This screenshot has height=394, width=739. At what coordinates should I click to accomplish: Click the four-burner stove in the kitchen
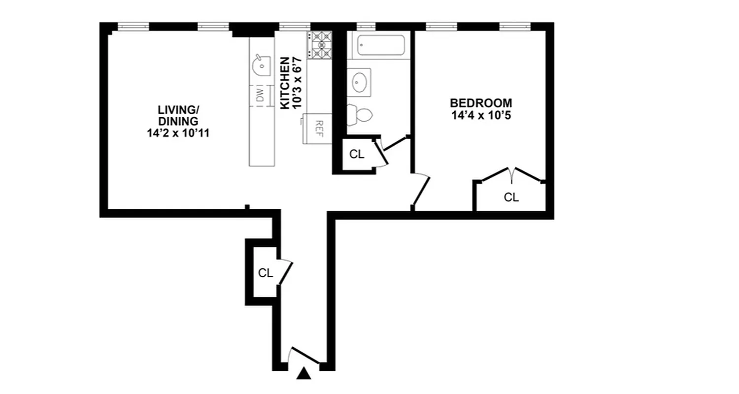click(x=320, y=45)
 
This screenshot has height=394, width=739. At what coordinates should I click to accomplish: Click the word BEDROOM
click(x=481, y=103)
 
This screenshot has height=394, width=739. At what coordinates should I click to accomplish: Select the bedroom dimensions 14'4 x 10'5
click(x=481, y=116)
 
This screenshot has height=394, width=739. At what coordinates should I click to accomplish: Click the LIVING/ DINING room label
click(x=178, y=115)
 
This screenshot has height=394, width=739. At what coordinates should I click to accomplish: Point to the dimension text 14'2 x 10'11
click(x=178, y=133)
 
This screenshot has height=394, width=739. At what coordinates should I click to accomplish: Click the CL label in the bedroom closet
click(x=511, y=197)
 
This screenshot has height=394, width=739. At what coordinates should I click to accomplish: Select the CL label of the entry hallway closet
click(x=266, y=273)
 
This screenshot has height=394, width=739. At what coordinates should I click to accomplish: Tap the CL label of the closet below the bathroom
click(x=357, y=154)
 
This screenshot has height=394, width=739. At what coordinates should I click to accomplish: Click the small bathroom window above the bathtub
click(x=366, y=26)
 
